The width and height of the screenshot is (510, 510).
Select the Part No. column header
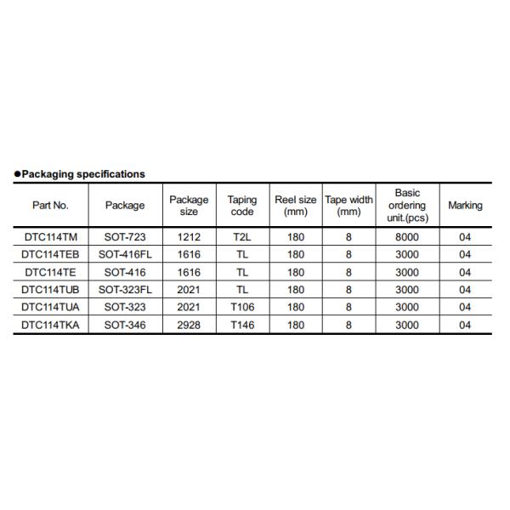pos(50,205)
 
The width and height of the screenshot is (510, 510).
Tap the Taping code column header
pos(242,205)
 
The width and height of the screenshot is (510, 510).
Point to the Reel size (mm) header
pos(296,205)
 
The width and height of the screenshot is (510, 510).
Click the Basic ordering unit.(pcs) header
pos(407,205)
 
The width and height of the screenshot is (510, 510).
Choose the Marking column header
pos(465,205)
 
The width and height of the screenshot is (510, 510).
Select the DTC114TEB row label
pos(50,255)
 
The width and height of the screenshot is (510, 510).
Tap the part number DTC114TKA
pos(50,326)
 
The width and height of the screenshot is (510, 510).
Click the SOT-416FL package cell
pos(125,255)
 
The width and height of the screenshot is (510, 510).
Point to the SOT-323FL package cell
pos(125,290)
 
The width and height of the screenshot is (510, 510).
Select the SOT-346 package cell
pos(125,326)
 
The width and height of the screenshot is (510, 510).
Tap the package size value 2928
pos(188,326)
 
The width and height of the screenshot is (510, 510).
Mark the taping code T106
pos(242,308)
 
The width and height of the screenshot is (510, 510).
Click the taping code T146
pos(242,326)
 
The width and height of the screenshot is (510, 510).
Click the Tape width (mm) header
pos(348,205)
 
